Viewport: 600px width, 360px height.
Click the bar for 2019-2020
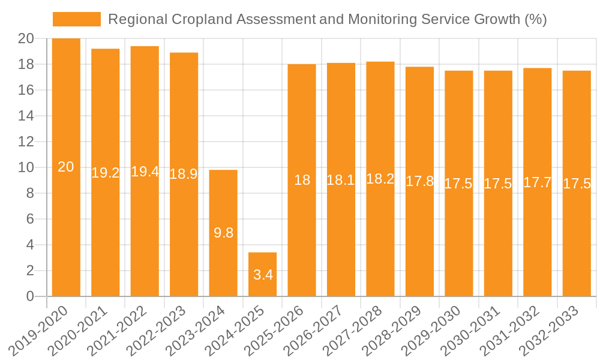(66, 167)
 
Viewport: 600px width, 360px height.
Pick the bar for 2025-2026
(302, 180)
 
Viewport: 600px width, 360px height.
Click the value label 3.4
(263, 275)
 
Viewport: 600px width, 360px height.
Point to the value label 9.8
(223, 233)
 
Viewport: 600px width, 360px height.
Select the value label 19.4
(145, 172)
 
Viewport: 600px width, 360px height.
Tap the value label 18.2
(380, 179)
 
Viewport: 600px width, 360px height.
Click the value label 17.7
(538, 182)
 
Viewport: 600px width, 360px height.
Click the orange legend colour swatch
(77, 19)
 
